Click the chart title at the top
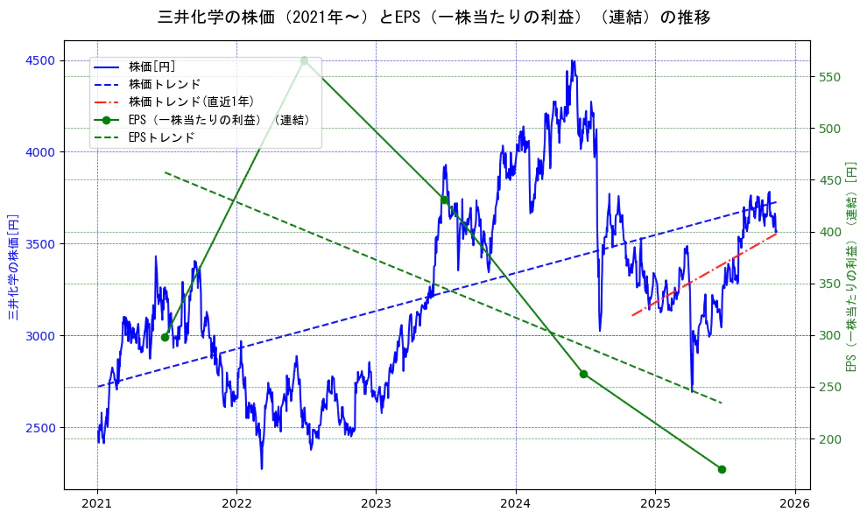433,17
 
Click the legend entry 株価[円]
152,67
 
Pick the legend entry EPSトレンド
161,137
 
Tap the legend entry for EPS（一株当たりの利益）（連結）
218,120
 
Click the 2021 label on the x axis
97,504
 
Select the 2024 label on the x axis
516,504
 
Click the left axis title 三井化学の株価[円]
13,265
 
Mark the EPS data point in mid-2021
165,337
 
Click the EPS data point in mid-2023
444,200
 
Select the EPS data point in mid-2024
583,374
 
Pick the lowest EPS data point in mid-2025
722,469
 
